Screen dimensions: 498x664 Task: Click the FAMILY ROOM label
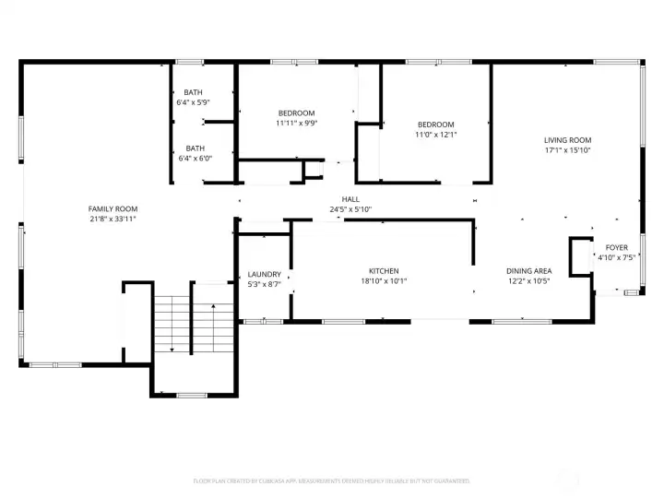(113, 209)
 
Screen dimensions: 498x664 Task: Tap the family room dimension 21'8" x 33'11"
(113, 219)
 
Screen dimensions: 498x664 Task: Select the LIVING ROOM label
(566, 140)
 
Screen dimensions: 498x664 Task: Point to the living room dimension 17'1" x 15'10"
(566, 150)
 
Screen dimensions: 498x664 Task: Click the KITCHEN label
(384, 271)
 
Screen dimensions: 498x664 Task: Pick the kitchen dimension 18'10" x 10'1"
(384, 281)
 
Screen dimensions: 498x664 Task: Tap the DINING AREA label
(528, 271)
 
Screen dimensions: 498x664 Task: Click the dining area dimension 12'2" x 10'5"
(528, 281)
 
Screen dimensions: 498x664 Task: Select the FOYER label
(616, 248)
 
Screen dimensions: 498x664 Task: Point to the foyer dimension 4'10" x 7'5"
(616, 258)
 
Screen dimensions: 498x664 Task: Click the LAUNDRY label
(265, 275)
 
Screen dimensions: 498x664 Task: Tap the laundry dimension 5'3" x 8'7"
(265, 285)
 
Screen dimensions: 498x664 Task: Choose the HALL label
(350, 199)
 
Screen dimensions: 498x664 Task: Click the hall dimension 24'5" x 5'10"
(350, 209)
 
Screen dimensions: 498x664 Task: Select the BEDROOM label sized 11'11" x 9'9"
(296, 113)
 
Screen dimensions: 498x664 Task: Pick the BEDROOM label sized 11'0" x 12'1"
(435, 125)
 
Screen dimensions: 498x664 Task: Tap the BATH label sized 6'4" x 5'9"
(194, 92)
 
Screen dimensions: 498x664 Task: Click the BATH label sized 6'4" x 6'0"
(195, 148)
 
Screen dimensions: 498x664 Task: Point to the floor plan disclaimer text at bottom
(332, 480)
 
